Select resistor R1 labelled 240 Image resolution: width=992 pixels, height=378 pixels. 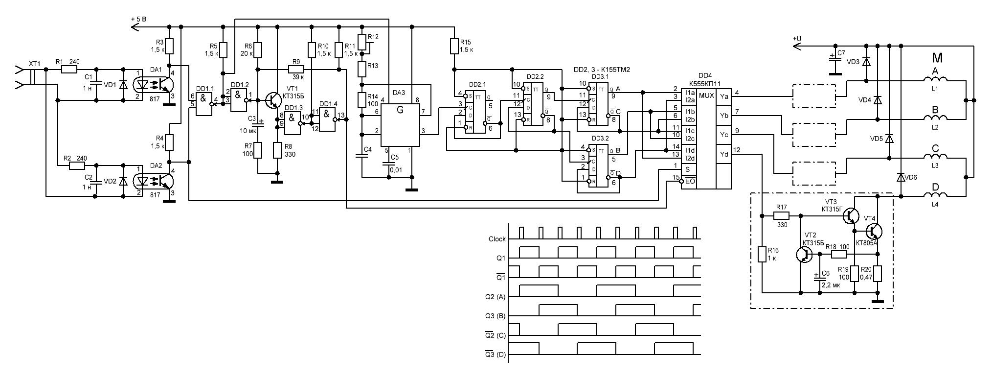tap(69, 70)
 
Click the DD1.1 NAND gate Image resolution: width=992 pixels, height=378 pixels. tap(203, 104)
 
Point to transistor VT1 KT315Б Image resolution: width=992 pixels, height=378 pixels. tap(272, 99)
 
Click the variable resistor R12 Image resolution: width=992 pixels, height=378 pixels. tap(361, 42)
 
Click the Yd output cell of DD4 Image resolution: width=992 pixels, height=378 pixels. tap(724, 154)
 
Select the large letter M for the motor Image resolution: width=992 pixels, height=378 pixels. tap(937, 58)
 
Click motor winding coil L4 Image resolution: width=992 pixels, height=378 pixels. tap(935, 195)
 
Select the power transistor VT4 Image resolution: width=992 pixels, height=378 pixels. tap(873, 231)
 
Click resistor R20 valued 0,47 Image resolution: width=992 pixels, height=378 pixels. tap(878, 274)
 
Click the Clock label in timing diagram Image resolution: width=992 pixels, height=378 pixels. tap(497, 239)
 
